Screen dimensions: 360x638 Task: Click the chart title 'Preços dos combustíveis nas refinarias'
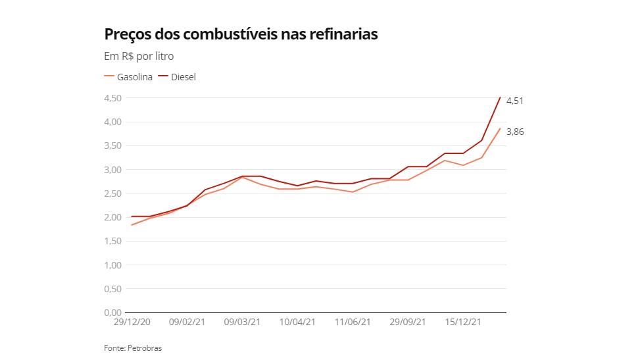point(241,34)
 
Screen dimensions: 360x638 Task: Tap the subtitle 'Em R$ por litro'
point(139,57)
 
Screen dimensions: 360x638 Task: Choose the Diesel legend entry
point(178,77)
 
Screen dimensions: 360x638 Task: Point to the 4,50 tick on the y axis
point(112,98)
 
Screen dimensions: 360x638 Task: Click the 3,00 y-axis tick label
point(112,170)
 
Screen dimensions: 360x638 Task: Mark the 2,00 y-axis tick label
point(112,217)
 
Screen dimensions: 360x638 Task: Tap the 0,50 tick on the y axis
point(112,289)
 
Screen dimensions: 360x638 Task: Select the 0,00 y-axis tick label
point(112,313)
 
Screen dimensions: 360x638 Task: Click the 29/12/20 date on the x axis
point(132,322)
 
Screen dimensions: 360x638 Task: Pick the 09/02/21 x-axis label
point(187,322)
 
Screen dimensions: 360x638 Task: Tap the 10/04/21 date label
point(298,322)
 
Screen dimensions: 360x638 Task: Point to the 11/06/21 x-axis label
point(353,322)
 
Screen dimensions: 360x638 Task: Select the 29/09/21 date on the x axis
point(408,322)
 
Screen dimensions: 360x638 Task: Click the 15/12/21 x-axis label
point(464,322)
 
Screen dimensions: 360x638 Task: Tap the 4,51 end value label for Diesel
point(514,101)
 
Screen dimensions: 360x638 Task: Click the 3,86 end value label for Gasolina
point(514,132)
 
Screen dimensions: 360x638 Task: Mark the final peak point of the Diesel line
point(500,97)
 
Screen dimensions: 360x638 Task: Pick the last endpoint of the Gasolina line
point(500,128)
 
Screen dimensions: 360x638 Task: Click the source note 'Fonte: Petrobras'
point(133,348)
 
